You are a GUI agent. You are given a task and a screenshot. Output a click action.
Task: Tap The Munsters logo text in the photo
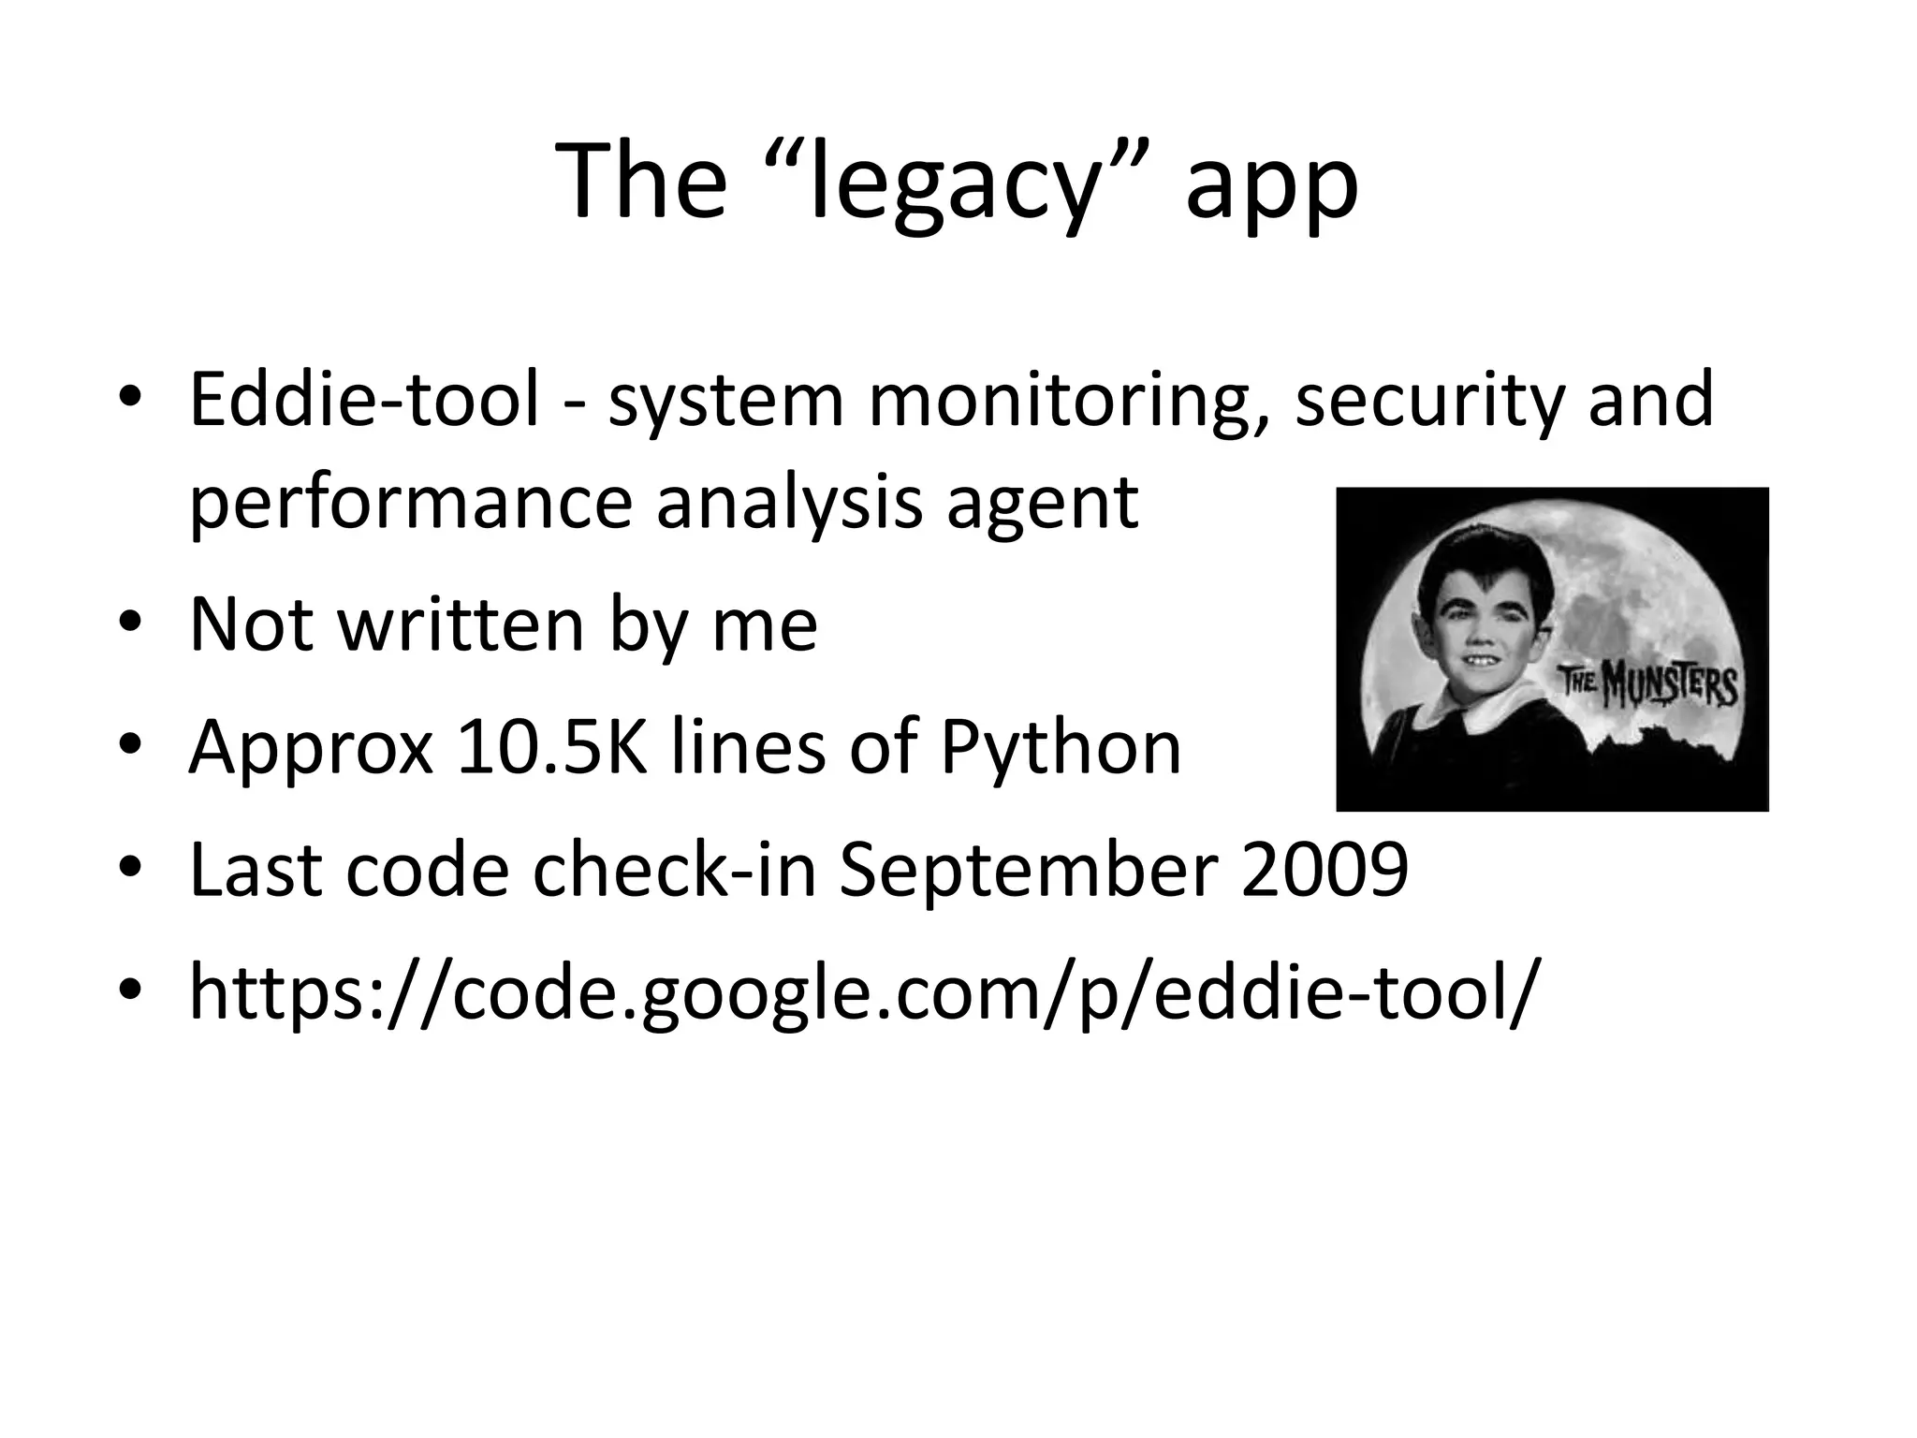[x=1647, y=687]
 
